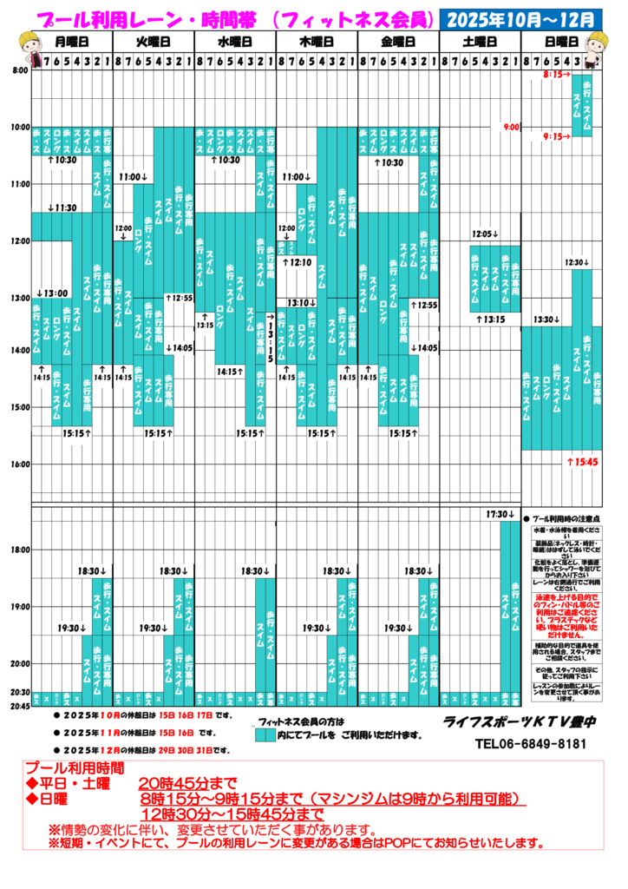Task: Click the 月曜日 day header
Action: coord(72,42)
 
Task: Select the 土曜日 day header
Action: coord(480,42)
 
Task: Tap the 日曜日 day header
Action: coord(561,42)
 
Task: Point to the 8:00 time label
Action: coord(19,70)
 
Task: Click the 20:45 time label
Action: coord(18,706)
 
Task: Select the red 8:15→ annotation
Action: coord(556,76)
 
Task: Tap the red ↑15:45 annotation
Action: coord(582,462)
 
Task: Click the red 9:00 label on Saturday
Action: coord(512,127)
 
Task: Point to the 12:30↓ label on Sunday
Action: coord(577,261)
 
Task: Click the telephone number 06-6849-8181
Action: coord(531,744)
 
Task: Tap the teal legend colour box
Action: coord(265,734)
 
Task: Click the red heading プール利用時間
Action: coord(74,769)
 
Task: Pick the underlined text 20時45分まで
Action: coord(187,784)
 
